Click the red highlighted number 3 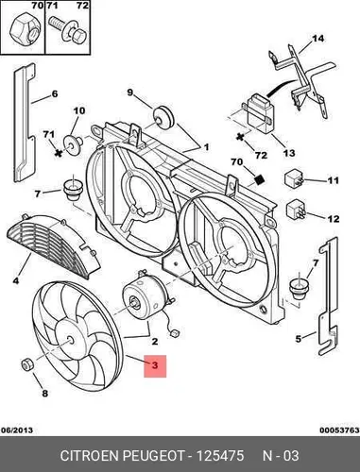(x=155, y=365)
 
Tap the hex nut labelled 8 (x=27, y=365)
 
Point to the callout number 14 (x=317, y=39)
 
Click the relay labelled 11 (x=295, y=178)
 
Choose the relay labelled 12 (x=296, y=209)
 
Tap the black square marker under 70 (x=259, y=179)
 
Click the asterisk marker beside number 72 (x=241, y=137)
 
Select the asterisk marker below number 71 (x=58, y=153)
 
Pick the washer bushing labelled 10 (x=73, y=144)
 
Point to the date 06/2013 (x=17, y=430)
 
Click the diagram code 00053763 (x=339, y=430)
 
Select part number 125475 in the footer (x=220, y=456)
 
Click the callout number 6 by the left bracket (x=55, y=93)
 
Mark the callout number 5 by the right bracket (x=299, y=339)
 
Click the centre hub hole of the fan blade (x=70, y=339)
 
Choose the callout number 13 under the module (x=289, y=153)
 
